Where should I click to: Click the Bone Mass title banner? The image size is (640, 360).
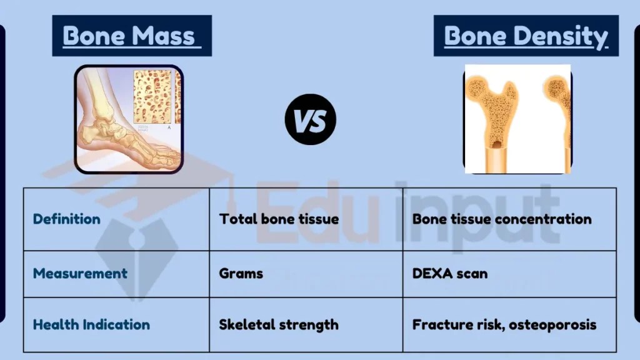coord(131,36)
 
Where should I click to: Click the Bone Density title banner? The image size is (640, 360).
coord(526,36)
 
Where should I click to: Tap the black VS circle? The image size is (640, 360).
coord(311,119)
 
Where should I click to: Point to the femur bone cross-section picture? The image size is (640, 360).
coord(517,119)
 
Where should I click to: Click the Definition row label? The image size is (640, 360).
coord(66,219)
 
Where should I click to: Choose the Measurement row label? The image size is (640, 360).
coord(80,273)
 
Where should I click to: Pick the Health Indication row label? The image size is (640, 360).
coord(91,324)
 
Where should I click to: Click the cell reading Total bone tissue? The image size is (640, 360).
coord(279,219)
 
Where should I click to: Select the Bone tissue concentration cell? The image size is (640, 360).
coord(502,219)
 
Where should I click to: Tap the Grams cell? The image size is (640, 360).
coord(241,273)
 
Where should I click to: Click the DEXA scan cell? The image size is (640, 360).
coord(450,273)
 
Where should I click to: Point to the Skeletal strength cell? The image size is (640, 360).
coord(279,324)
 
